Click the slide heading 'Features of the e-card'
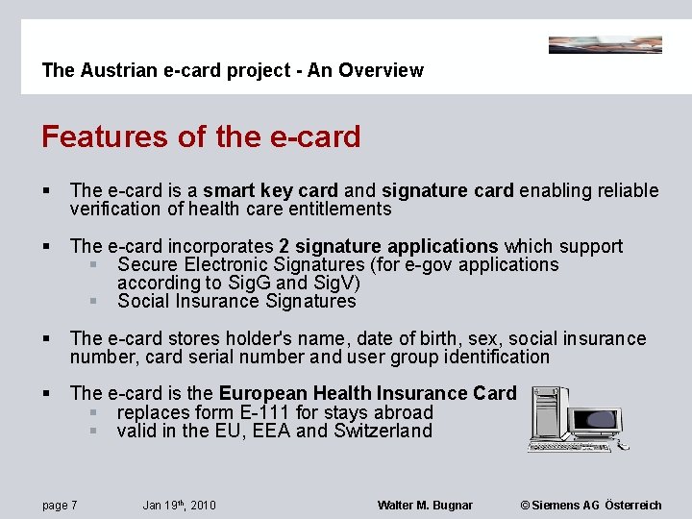pyautogui.click(x=201, y=136)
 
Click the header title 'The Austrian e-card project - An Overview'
pyautogui.click(x=233, y=70)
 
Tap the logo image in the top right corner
pyautogui.click(x=605, y=44)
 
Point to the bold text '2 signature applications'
pyautogui.click(x=388, y=246)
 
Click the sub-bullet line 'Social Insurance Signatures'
pyautogui.click(x=236, y=301)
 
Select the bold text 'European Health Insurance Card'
pyautogui.click(x=367, y=393)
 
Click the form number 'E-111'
pyautogui.click(x=268, y=412)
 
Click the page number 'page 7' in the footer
pyautogui.click(x=60, y=506)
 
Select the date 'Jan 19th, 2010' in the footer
pyautogui.click(x=179, y=506)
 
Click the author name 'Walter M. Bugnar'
pyautogui.click(x=425, y=506)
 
